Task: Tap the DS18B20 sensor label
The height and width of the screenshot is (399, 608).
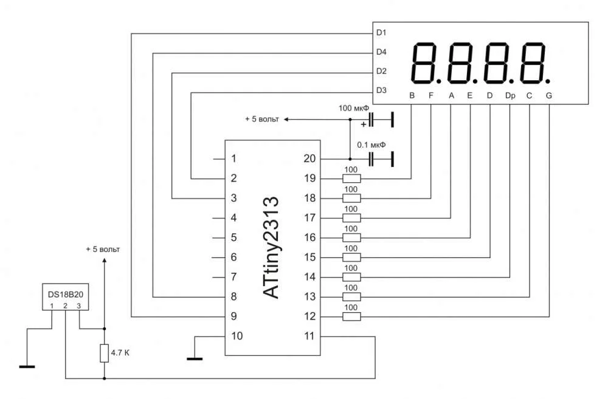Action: pyautogui.click(x=66, y=293)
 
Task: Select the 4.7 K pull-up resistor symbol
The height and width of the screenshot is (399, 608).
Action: pyautogui.click(x=104, y=353)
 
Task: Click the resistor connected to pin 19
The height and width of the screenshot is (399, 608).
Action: pyautogui.click(x=351, y=179)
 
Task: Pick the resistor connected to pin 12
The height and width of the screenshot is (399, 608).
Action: pyautogui.click(x=351, y=316)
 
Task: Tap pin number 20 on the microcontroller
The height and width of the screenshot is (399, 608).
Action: pyautogui.click(x=309, y=159)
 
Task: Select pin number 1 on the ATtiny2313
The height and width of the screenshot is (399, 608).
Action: pyautogui.click(x=233, y=159)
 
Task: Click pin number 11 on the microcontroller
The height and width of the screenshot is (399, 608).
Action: pyautogui.click(x=309, y=336)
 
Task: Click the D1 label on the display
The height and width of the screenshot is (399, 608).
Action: pyautogui.click(x=381, y=32)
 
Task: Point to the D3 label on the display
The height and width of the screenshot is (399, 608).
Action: pyautogui.click(x=381, y=90)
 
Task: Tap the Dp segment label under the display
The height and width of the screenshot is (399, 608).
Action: pyautogui.click(x=510, y=96)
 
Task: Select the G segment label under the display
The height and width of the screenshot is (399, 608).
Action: pyautogui.click(x=548, y=96)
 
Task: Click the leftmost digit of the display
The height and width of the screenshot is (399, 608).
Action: pyautogui.click(x=426, y=63)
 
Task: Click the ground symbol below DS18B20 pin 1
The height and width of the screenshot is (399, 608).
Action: pyautogui.click(x=27, y=366)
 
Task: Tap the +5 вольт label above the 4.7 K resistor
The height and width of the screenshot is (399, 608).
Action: pyautogui.click(x=103, y=250)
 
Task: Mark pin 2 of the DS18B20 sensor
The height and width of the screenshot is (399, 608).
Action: pyautogui.click(x=65, y=305)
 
